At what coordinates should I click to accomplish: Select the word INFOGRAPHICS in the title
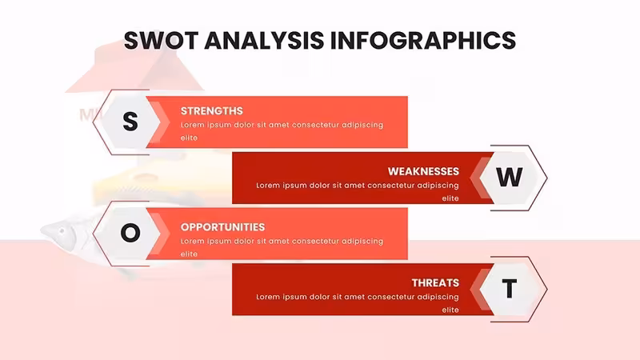423,41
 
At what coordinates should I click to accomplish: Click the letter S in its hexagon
130,122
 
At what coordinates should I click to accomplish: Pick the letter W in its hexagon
509,177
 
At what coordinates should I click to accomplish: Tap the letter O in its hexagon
130,233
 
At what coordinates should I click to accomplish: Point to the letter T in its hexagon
509,289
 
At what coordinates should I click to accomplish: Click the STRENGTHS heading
212,111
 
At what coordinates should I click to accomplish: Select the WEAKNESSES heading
423,171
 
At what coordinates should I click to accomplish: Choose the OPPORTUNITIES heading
223,227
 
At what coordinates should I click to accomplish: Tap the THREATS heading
435,283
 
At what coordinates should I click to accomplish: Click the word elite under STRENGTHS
189,138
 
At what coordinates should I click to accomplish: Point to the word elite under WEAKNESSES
450,198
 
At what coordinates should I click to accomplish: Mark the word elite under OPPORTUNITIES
189,254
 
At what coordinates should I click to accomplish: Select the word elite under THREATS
450,310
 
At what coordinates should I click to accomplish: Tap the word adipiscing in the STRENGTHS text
362,126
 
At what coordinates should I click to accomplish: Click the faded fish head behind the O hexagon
59,233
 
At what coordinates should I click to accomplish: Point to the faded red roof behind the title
134,67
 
